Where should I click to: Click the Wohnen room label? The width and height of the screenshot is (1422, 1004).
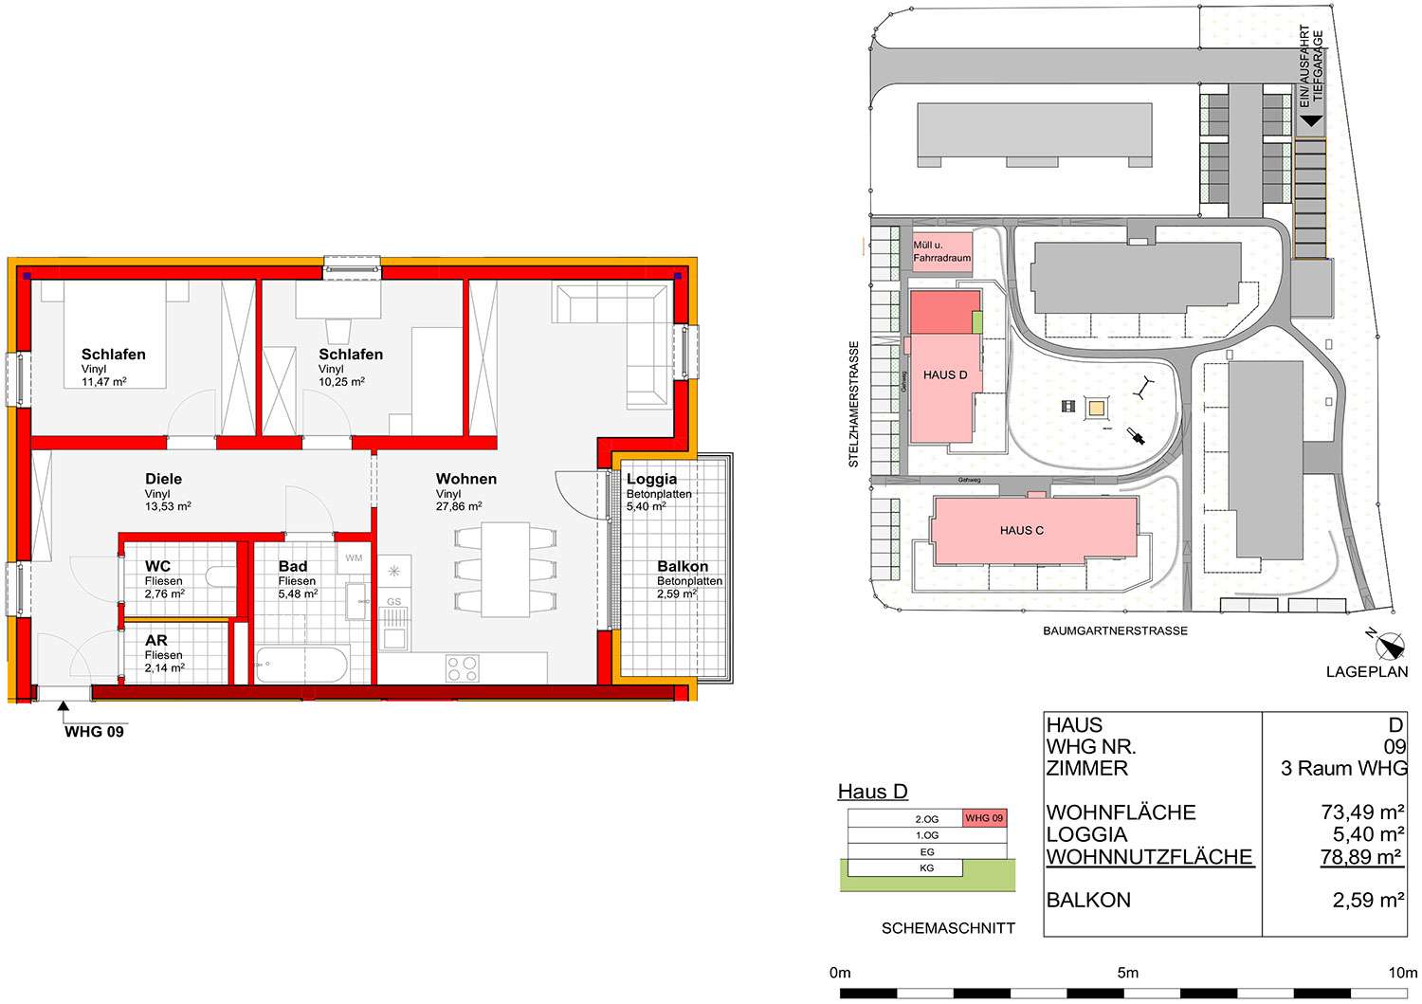coord(466,479)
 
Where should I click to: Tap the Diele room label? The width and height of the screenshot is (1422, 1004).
coord(163,479)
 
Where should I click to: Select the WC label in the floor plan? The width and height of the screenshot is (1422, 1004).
coord(157,566)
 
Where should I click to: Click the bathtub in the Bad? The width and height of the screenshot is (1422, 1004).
coord(301,665)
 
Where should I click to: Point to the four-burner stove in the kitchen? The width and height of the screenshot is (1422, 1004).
coord(463,668)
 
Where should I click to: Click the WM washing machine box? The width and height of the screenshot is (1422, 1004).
coord(354,557)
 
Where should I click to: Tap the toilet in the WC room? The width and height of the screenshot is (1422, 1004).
coord(220,576)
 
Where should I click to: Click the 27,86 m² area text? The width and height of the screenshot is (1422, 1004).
coord(458,507)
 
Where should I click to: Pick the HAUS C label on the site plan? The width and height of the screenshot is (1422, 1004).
coord(1021,530)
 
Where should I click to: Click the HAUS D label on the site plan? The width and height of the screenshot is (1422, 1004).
coord(945,375)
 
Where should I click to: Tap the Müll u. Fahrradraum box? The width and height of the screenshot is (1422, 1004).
coord(942,252)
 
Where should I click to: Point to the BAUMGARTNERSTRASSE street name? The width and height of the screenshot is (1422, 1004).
coord(1115,630)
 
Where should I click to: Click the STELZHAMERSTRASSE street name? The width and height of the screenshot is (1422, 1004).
coord(854,405)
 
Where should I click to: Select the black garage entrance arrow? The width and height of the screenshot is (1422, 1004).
coord(1311,120)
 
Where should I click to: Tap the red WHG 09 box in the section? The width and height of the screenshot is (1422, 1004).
coord(985,818)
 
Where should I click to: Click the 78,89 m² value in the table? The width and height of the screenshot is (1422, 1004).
coord(1361,857)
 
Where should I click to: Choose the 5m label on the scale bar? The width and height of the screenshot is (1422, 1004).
coord(1127,973)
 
